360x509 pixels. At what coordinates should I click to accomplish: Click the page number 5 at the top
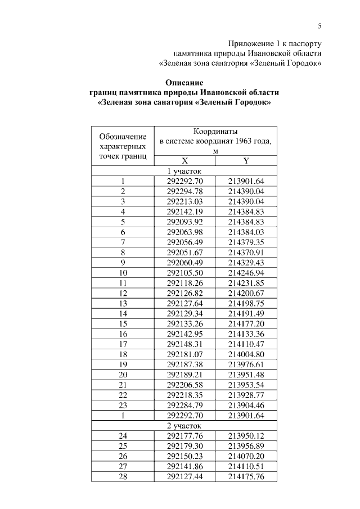(x=319, y=25)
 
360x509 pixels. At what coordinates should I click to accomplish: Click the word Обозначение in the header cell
(x=123, y=136)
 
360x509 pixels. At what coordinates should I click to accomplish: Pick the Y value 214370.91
(x=246, y=252)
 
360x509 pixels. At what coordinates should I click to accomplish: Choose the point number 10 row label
(x=123, y=273)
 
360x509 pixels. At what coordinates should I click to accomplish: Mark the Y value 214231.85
(x=246, y=283)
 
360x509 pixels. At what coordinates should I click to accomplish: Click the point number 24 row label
(x=123, y=436)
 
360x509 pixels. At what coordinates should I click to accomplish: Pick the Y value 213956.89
(x=246, y=446)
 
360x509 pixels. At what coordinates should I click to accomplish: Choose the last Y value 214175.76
(x=246, y=477)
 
